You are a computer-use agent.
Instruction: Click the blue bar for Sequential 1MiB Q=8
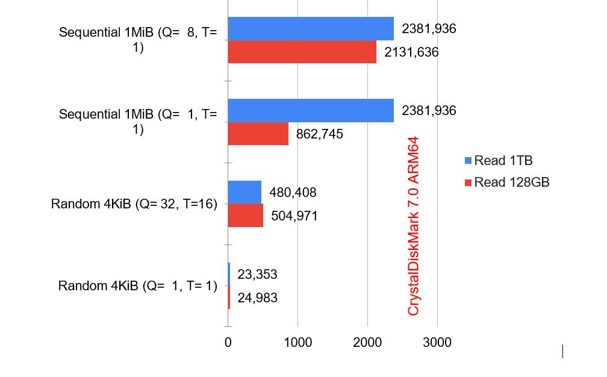click(x=310, y=28)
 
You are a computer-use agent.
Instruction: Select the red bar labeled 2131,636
click(x=302, y=52)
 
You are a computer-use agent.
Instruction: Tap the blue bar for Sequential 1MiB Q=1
click(x=310, y=111)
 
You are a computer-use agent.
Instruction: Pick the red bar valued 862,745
click(x=258, y=134)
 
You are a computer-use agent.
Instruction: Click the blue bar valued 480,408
click(x=244, y=192)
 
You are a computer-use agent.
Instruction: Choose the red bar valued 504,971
click(x=245, y=216)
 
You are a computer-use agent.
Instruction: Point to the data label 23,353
click(x=257, y=275)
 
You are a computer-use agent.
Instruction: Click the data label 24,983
click(x=257, y=298)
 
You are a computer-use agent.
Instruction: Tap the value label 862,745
click(x=319, y=134)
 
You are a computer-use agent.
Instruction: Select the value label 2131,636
click(x=412, y=52)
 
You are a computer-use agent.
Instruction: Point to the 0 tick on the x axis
click(x=228, y=343)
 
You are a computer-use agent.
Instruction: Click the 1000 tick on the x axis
click(x=297, y=343)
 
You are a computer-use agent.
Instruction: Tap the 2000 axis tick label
click(x=367, y=343)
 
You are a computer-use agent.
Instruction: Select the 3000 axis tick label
click(x=437, y=343)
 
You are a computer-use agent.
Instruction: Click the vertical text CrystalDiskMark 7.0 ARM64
click(x=414, y=226)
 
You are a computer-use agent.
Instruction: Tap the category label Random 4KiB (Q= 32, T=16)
click(x=134, y=204)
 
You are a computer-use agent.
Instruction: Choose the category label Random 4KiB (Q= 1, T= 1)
click(x=138, y=286)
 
